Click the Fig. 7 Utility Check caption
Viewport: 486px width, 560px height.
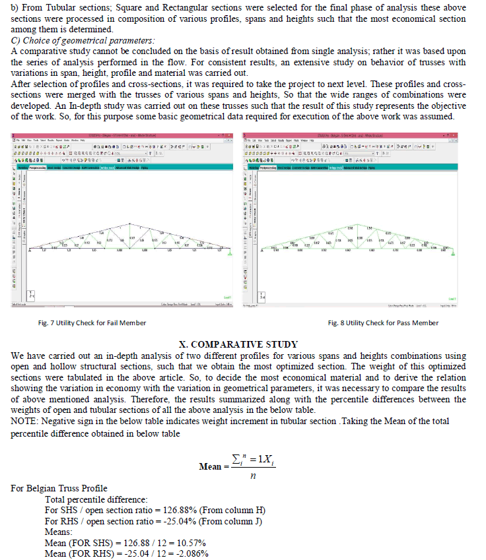point(92,323)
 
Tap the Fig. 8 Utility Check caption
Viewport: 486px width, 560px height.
point(383,323)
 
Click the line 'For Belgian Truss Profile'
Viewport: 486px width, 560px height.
point(59,489)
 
